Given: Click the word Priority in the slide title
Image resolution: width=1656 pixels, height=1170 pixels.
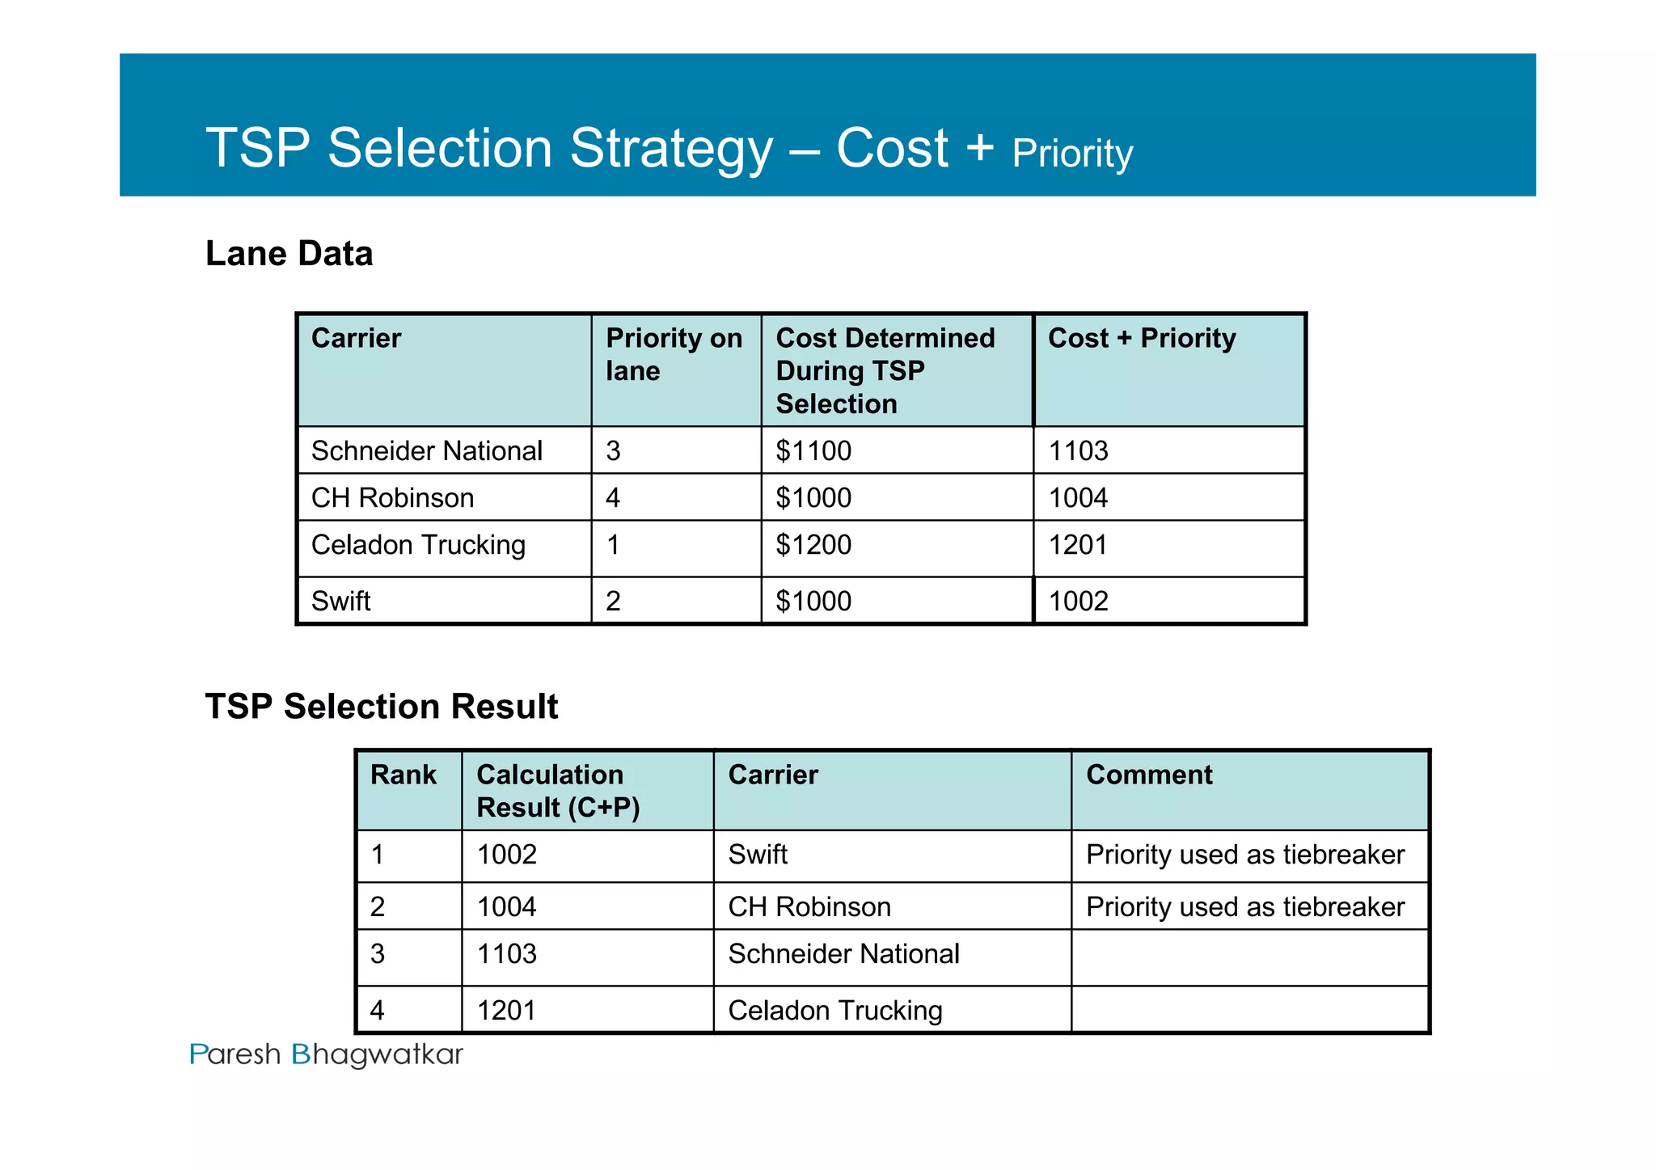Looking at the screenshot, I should click(x=1072, y=154).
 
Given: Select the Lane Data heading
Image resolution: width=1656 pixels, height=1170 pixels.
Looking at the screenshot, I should click(x=289, y=253).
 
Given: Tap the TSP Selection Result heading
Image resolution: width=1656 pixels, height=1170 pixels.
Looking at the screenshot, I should click(x=381, y=706).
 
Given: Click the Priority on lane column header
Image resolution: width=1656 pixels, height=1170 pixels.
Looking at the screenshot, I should click(x=674, y=354).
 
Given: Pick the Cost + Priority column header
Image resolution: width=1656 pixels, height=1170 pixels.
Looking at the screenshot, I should click(x=1142, y=338).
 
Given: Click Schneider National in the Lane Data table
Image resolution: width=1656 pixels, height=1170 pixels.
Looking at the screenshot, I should click(x=426, y=450).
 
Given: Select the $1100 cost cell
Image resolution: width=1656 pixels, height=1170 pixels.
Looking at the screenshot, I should click(x=813, y=450).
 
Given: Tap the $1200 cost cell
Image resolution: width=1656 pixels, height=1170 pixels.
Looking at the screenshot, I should click(x=813, y=545).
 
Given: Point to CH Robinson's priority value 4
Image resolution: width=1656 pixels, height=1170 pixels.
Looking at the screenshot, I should click(x=613, y=497).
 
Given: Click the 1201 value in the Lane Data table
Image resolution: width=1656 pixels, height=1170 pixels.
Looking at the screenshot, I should click(x=1078, y=545).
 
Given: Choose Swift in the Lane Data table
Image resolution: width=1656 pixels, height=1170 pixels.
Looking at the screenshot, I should click(x=340, y=601).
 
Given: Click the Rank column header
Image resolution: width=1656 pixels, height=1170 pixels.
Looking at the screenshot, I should click(x=403, y=775).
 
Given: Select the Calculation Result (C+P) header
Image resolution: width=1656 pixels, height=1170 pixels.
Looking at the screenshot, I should click(x=558, y=791).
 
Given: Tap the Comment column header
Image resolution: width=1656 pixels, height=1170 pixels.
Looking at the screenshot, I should click(x=1149, y=775).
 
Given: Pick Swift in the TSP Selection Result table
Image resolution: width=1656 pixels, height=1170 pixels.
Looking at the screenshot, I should click(x=758, y=855).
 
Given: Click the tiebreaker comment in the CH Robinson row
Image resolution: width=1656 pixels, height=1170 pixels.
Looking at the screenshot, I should click(x=1245, y=906).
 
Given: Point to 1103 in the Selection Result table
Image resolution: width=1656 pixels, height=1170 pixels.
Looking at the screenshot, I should click(x=507, y=954).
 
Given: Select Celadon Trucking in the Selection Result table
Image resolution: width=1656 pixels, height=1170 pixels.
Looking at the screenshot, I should click(x=835, y=1011).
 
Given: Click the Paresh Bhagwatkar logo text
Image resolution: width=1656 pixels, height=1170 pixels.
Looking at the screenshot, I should click(x=326, y=1054).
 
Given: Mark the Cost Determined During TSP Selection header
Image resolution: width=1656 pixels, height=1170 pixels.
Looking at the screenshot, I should click(x=885, y=370).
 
